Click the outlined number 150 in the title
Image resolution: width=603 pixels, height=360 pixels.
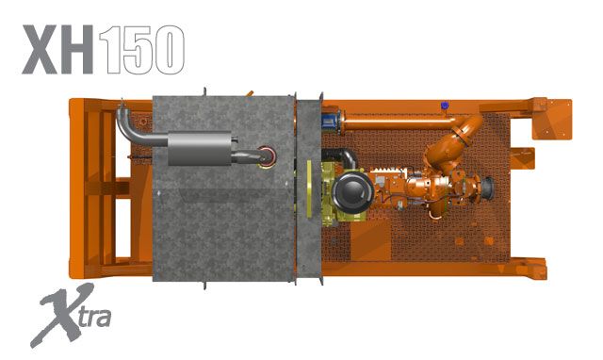[x=142, y=48]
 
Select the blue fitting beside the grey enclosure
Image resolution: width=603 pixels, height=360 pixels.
[x=328, y=119]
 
